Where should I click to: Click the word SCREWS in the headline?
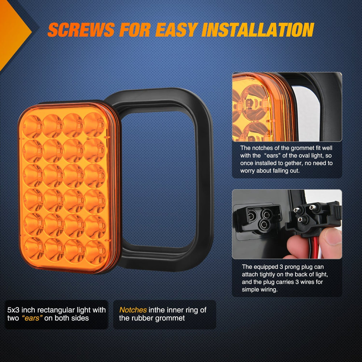[81, 30]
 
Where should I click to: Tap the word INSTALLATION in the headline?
[258, 30]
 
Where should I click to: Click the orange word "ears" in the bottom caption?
[32, 318]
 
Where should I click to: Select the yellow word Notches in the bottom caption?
[133, 310]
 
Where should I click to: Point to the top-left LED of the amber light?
[32, 127]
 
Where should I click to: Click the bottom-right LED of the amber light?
[95, 252]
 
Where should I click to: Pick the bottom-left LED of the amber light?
[34, 249]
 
